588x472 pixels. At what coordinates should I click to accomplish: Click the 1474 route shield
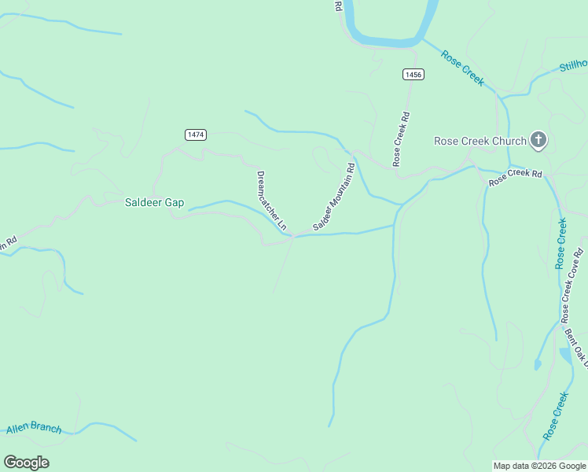[196, 135]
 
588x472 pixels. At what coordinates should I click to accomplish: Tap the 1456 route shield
[413, 74]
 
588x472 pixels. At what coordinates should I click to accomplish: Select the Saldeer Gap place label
[154, 202]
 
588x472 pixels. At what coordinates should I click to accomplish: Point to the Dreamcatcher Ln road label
[272, 201]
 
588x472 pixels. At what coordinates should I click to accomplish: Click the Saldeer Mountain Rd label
[334, 197]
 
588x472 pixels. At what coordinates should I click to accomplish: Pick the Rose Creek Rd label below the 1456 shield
[402, 138]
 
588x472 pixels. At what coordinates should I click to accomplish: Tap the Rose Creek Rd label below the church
[516, 177]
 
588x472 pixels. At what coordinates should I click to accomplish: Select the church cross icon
[538, 141]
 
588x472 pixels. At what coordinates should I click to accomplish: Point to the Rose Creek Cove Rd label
[572, 285]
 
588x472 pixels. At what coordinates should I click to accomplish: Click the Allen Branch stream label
[34, 428]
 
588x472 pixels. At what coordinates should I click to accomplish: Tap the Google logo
[26, 463]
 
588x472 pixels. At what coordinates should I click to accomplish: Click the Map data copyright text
[538, 466]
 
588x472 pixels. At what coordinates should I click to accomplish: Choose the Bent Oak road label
[576, 347]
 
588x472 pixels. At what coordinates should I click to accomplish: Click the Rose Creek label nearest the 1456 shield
[462, 68]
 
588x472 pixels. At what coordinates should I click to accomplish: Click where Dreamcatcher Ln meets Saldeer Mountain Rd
[294, 235]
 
